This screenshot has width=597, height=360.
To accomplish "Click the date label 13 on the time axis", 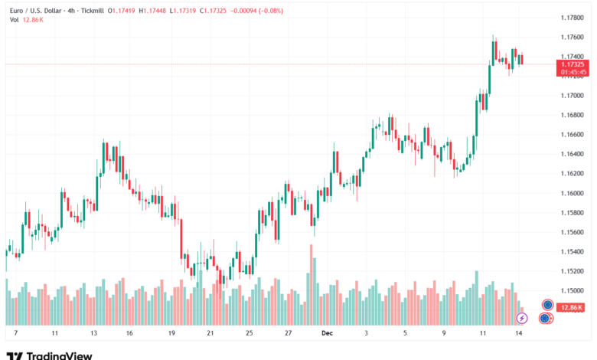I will pos(93,334).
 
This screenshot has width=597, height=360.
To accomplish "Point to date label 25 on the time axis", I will pos(249,334).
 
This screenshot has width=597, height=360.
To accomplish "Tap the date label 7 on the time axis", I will pos(15,334).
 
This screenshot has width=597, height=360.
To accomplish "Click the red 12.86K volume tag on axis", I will pos(572,307).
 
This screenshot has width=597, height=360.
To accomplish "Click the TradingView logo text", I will pos(59,355).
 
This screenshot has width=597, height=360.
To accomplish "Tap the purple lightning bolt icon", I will pos(522,318).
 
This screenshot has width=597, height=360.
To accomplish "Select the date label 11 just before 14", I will pos(483,334).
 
